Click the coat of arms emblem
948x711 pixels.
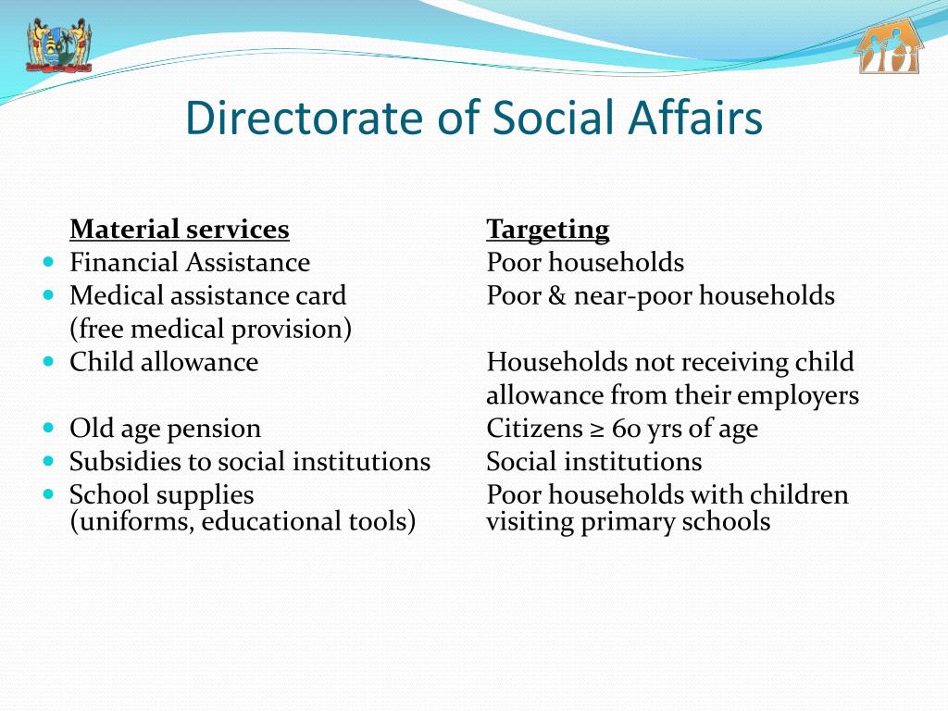click(58, 44)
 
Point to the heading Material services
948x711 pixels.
click(180, 229)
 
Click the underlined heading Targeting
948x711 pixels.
click(548, 229)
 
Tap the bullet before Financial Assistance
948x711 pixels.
click(49, 262)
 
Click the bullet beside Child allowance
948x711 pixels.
click(49, 362)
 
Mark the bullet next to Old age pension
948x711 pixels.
click(49, 429)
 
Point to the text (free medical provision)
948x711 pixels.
click(210, 329)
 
